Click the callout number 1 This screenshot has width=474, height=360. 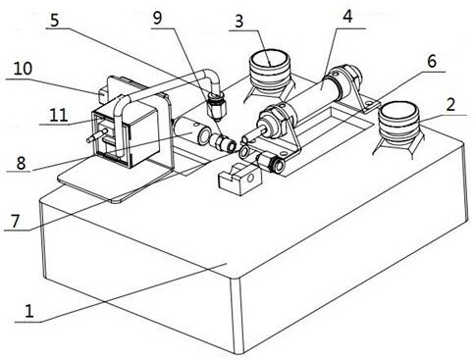click(x=29, y=310)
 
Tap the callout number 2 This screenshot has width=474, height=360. click(x=450, y=105)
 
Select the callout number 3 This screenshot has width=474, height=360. click(x=239, y=22)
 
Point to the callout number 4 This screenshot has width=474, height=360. click(x=347, y=17)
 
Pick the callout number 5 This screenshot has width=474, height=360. click(x=55, y=20)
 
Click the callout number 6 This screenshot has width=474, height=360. click(x=432, y=61)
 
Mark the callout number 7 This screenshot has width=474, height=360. click(x=16, y=221)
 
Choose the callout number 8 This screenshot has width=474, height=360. click(x=21, y=163)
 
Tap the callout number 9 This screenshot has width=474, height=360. click(x=157, y=19)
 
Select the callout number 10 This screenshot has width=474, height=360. click(x=23, y=69)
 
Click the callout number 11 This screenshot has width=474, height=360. click(x=59, y=116)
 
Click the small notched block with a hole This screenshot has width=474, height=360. click(x=240, y=180)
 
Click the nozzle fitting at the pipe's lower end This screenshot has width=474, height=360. click(x=216, y=107)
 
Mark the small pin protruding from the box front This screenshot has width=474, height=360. click(x=97, y=135)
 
